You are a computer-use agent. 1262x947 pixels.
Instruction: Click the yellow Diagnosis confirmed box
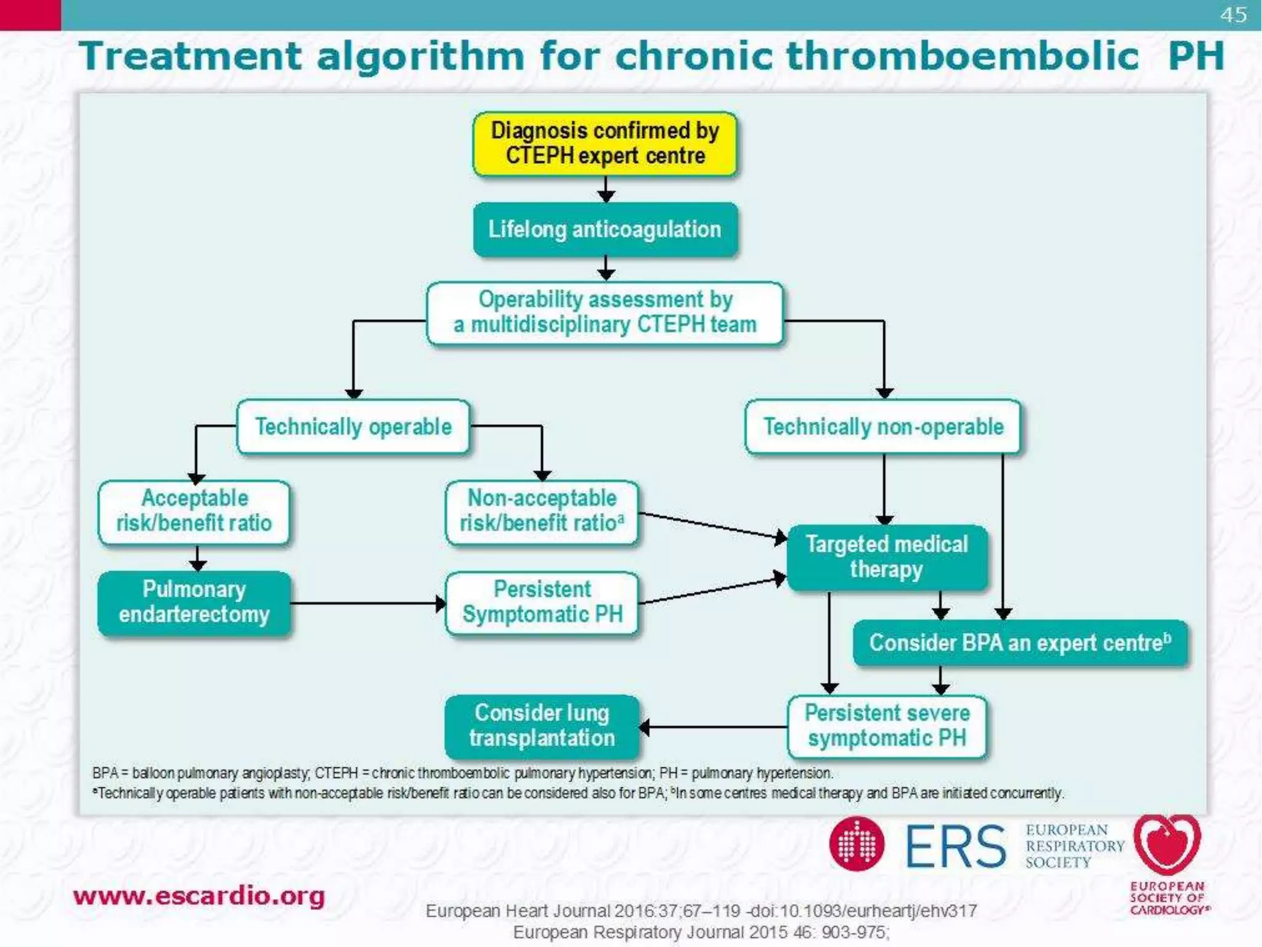(x=605, y=144)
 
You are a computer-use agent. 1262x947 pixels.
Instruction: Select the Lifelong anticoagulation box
(x=605, y=229)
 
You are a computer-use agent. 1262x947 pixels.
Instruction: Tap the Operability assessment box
(x=605, y=313)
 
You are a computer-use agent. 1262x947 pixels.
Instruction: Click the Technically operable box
(x=353, y=427)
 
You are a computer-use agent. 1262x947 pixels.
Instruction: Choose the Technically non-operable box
(x=883, y=427)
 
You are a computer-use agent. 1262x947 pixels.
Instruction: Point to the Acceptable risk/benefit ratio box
(x=194, y=512)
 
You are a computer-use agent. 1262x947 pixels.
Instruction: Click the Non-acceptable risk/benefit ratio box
(x=542, y=512)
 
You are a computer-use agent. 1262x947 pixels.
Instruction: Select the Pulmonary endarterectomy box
(x=194, y=602)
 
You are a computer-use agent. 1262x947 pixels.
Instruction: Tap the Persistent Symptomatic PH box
(x=542, y=602)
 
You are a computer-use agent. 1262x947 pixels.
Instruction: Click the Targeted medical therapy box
(x=887, y=557)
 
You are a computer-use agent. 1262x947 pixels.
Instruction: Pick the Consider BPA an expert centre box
(x=1020, y=643)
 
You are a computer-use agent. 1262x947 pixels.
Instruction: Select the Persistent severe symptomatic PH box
(x=887, y=726)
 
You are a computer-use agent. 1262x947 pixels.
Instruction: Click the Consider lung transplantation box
(x=542, y=726)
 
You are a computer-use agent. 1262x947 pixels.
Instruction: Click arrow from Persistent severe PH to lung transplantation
(x=715, y=728)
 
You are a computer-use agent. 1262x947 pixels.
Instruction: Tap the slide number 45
(x=1233, y=15)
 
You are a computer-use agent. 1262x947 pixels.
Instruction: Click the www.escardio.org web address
(x=198, y=896)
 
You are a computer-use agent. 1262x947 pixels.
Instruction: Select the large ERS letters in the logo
(x=955, y=847)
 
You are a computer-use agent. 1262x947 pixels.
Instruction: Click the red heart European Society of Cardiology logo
(x=1166, y=845)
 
